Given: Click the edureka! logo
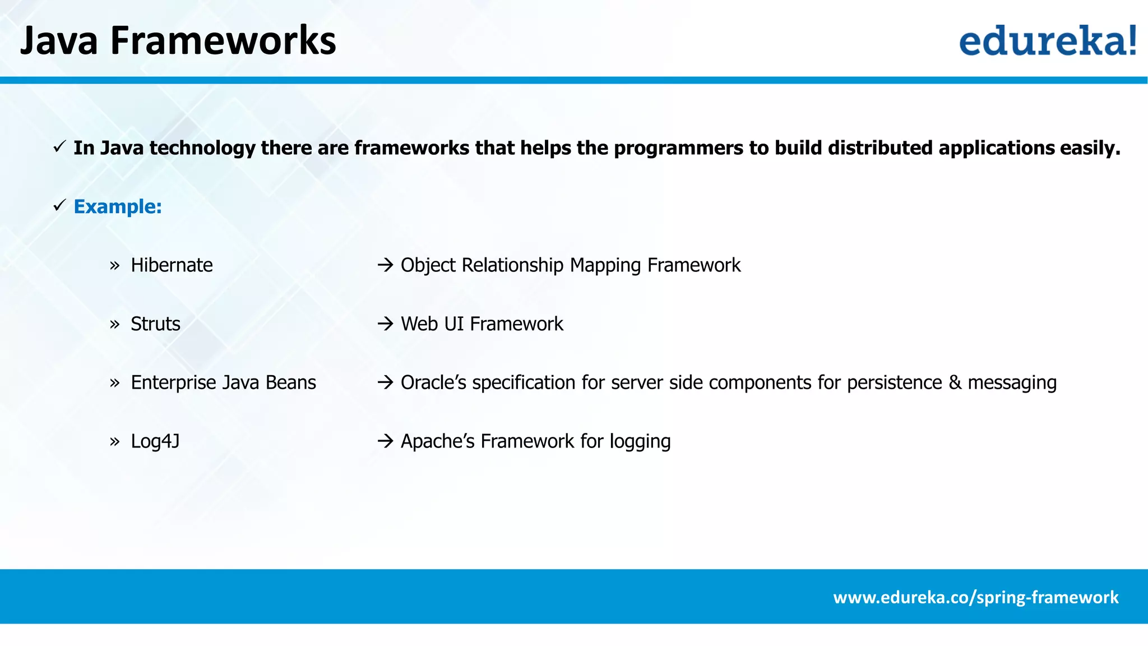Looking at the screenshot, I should [x=1047, y=40].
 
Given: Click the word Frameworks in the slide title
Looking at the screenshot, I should [x=223, y=41].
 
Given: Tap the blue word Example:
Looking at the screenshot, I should [x=118, y=207].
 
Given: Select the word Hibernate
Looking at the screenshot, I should [x=172, y=265].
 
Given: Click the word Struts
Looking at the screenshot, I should [x=155, y=324].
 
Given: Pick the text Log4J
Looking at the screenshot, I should [x=155, y=441].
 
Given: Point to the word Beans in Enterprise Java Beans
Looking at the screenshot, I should [x=290, y=382].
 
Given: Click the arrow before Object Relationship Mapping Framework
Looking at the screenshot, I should [x=385, y=265].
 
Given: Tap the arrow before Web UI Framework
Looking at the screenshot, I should [x=385, y=324].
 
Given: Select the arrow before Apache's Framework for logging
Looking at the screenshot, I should [x=385, y=441].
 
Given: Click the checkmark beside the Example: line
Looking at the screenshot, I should [x=60, y=205].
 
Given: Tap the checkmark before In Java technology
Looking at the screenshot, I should [x=60, y=147].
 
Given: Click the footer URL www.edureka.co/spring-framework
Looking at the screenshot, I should [x=975, y=597].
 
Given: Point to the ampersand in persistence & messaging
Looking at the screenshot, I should [x=955, y=382].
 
